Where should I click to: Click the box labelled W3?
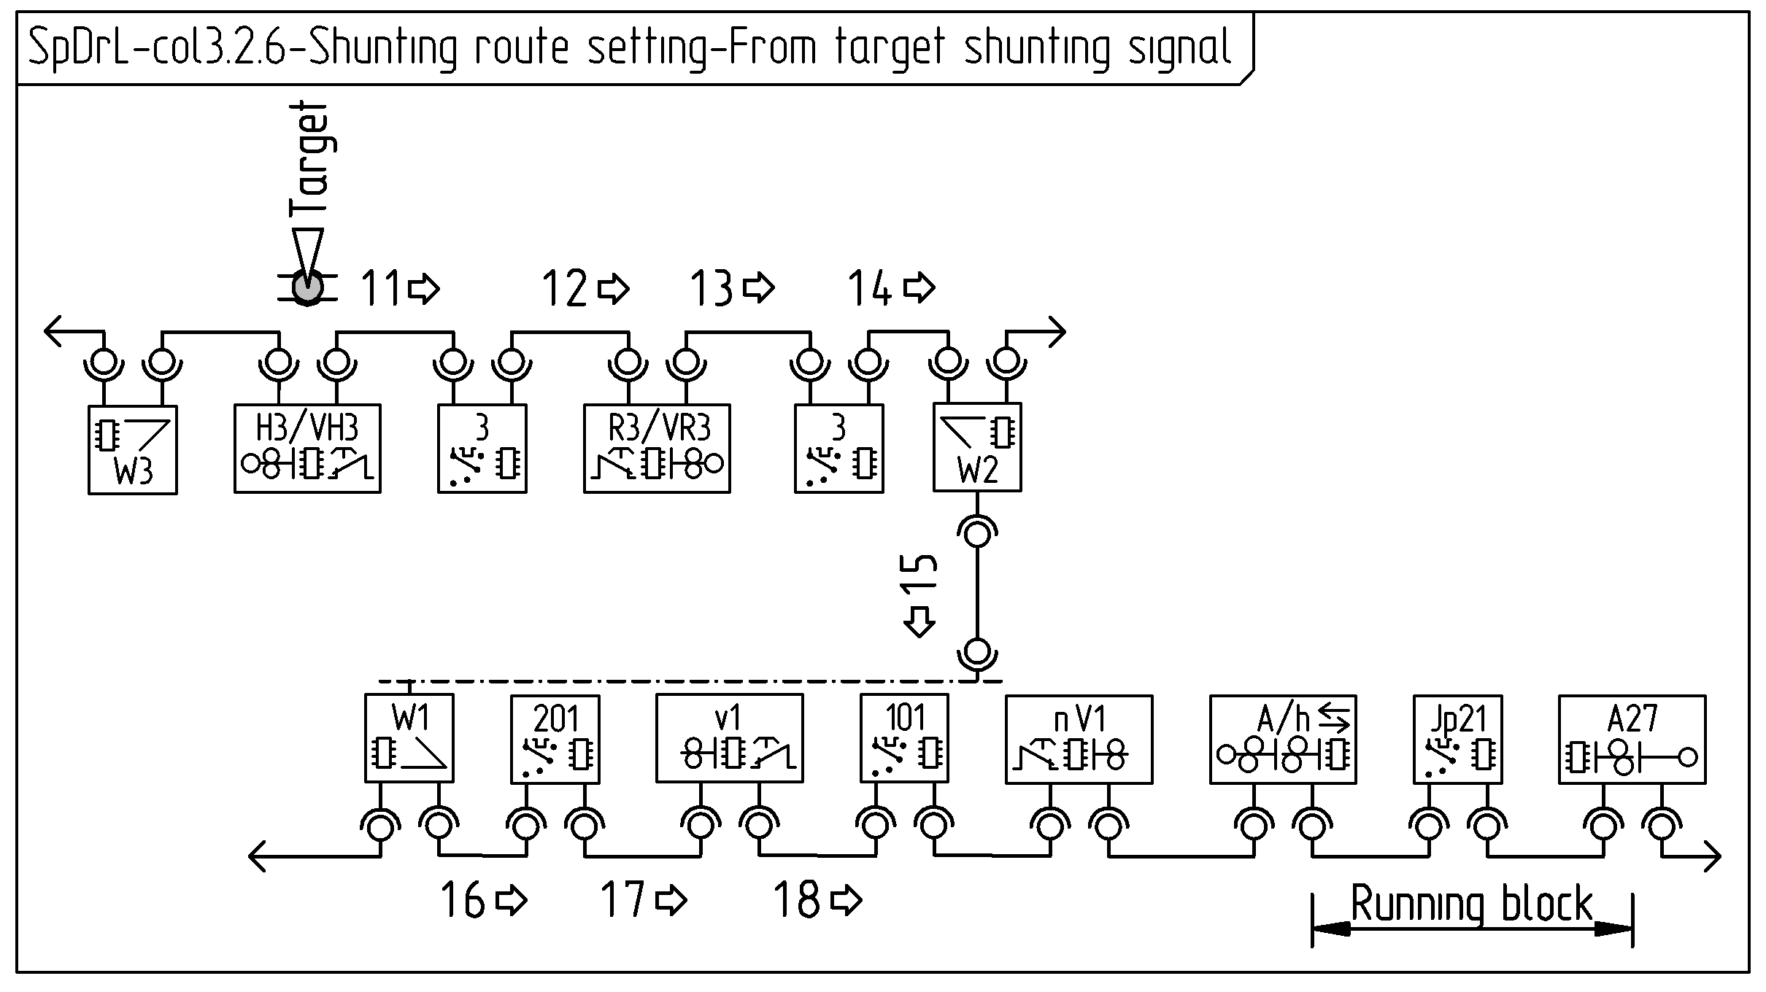(132, 450)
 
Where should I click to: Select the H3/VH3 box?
(307, 449)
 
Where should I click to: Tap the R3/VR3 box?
(657, 449)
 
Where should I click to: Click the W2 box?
(977, 447)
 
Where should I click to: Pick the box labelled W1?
(409, 738)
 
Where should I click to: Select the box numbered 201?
(555, 739)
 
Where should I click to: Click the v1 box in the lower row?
(729, 738)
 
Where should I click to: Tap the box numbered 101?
(904, 738)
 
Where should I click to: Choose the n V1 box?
(1079, 739)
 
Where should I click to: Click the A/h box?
(1283, 739)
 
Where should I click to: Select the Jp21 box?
(1457, 739)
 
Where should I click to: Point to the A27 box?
(1632, 739)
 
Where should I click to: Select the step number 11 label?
(381, 288)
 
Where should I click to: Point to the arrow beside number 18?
(847, 900)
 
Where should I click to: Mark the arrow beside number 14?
(919, 287)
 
